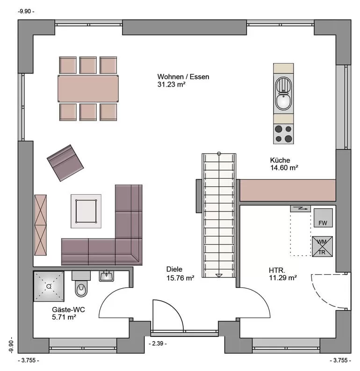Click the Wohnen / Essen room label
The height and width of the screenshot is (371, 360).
tap(183, 77)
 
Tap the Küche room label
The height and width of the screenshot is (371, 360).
tap(280, 160)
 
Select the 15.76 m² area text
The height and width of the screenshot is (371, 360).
tap(180, 278)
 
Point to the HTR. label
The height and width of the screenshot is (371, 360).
tap(277, 270)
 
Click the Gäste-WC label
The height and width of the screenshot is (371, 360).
tap(68, 310)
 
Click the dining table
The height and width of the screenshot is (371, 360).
tap(88, 88)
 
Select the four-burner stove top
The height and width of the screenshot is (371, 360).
tap(283, 134)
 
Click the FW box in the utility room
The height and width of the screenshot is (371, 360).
tap(323, 218)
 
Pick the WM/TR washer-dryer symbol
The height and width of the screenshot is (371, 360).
tap(322, 247)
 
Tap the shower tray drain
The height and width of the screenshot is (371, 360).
tap(49, 286)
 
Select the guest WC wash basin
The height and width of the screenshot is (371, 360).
tap(107, 276)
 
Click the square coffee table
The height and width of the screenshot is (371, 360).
tap(86, 211)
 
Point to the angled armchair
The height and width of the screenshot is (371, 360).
tap(65, 163)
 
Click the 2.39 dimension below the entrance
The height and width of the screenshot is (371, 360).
tap(158, 343)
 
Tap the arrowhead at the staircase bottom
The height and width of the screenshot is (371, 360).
tap(219, 276)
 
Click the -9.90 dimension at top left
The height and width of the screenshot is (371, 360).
tap(26, 11)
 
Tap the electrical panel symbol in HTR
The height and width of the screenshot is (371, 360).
tap(301, 209)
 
